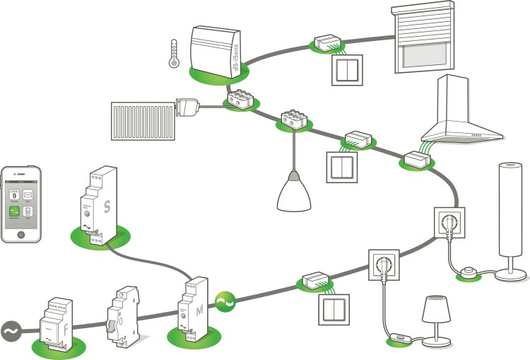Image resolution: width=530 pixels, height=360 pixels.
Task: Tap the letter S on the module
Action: (x=107, y=207)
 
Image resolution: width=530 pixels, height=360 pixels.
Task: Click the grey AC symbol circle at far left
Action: (x=12, y=330)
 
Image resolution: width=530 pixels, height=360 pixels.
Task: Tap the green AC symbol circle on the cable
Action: (x=226, y=303)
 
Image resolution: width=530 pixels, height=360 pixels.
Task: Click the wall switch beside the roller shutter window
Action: (x=347, y=69)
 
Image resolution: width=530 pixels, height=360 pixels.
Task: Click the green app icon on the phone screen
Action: (x=13, y=210)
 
